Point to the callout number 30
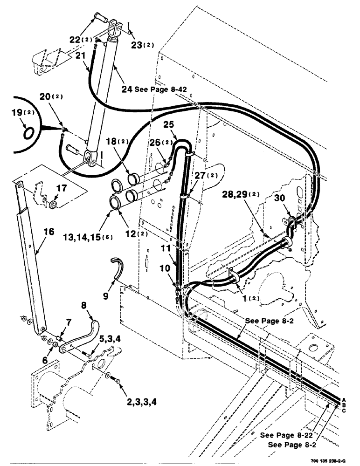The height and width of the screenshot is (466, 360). point(292,198)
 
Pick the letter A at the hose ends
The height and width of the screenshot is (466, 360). point(344,400)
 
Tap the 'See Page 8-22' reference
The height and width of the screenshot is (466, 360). point(286,435)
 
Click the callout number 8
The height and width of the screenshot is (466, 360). point(84,306)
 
